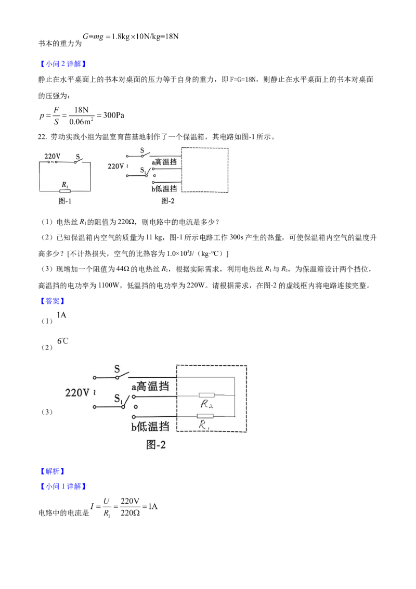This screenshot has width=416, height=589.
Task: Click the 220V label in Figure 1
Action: (53, 156)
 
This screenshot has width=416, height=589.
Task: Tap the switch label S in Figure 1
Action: (79, 155)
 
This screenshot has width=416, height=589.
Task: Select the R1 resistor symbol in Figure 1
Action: (64, 190)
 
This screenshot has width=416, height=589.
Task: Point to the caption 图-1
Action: (64, 200)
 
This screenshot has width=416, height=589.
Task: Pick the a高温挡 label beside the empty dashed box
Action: (164, 162)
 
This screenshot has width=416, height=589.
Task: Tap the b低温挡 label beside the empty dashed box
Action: (164, 188)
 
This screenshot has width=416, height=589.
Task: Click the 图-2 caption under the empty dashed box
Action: (168, 200)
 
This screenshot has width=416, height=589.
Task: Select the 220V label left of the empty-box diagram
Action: (115, 167)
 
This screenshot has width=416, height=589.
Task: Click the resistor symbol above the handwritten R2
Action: (206, 395)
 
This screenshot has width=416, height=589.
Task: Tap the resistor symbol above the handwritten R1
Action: (205, 416)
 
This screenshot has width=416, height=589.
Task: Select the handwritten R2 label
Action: (206, 404)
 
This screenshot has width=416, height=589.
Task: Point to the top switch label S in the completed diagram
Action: (118, 368)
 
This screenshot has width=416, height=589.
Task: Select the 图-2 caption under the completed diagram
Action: (156, 445)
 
